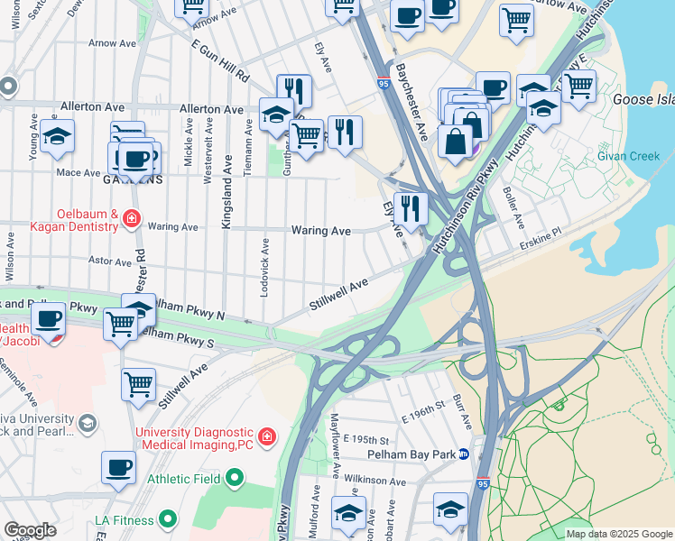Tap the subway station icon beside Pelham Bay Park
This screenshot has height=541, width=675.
(x=464, y=454)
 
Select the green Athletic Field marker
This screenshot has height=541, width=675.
(x=235, y=476)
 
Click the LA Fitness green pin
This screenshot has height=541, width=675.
(x=167, y=518)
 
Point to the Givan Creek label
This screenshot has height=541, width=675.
(x=628, y=156)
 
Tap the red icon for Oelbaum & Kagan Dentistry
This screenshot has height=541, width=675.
(x=132, y=218)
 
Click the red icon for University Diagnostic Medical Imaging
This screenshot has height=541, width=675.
(x=266, y=438)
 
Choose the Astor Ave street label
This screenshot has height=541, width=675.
(x=109, y=261)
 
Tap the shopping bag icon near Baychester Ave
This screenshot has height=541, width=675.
(x=456, y=142)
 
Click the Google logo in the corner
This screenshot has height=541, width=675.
(x=30, y=530)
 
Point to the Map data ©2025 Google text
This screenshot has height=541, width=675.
(x=617, y=534)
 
